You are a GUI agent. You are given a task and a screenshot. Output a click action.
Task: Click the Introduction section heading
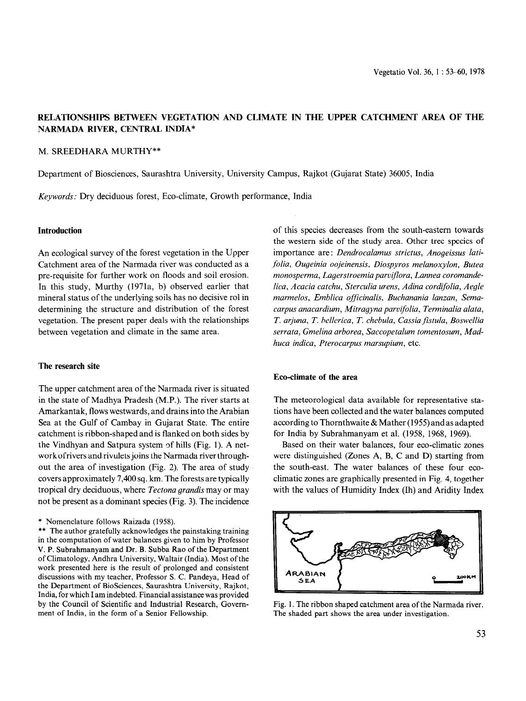[60, 231]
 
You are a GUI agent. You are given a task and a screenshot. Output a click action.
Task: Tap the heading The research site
[68, 366]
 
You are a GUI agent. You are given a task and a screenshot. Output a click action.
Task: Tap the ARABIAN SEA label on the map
[306, 577]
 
